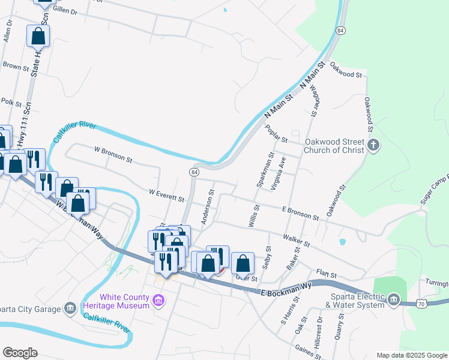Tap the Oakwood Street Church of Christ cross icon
[x=373, y=145]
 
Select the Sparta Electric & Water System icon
[x=393, y=299]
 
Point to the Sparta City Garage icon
[x=70, y=308]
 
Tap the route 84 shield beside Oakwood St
[x=340, y=30]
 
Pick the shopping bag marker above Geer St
[x=243, y=263]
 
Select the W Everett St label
[x=166, y=196]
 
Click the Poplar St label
[x=277, y=133]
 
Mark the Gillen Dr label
[x=65, y=11]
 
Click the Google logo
[x=20, y=353]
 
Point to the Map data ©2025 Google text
[x=411, y=355]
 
